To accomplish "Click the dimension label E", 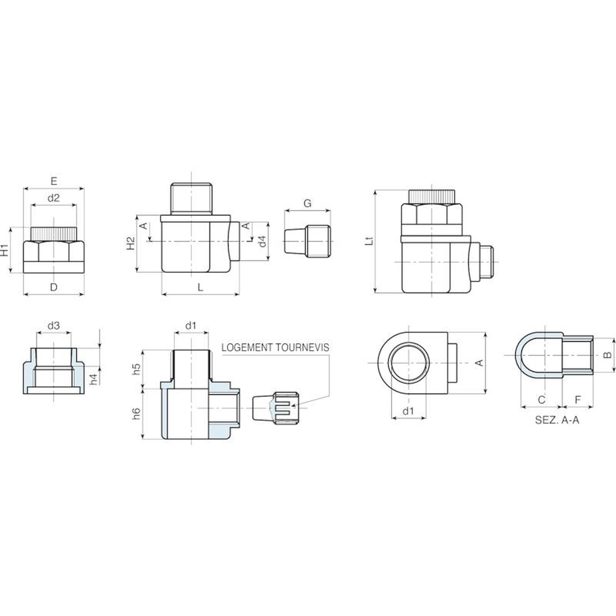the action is click(54, 181).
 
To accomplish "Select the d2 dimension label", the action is click(54, 198).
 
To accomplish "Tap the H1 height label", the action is click(5, 250).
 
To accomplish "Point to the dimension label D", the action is click(54, 287).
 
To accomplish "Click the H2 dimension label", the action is click(131, 243).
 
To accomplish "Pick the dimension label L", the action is click(200, 287).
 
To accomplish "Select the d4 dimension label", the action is click(262, 241).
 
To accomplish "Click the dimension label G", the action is click(307, 203).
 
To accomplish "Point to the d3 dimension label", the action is click(54, 326).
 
